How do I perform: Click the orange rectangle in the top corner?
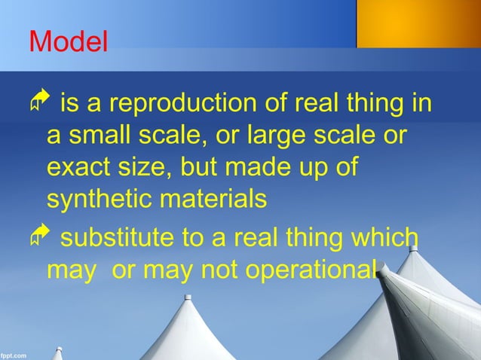(418, 23)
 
